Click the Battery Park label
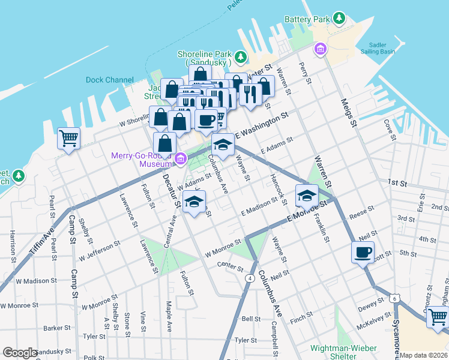point(307,19)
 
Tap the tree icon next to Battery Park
point(340,19)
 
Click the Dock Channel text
point(110,80)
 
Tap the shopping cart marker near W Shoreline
point(68,139)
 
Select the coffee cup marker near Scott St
point(363,252)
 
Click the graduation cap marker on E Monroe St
point(306,195)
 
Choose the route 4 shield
point(249,278)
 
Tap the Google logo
point(20,353)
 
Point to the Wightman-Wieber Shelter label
point(343,352)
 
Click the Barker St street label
point(58,328)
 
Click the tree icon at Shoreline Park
point(241,57)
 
